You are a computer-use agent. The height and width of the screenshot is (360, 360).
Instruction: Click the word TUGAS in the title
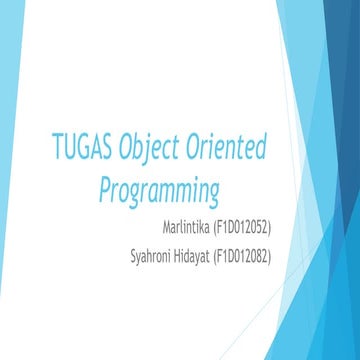[83, 150]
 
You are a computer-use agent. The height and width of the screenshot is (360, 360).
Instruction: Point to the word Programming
[159, 189]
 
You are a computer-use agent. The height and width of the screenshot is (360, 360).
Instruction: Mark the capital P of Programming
[106, 187]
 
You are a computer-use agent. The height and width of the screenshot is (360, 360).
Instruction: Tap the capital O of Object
[126, 150]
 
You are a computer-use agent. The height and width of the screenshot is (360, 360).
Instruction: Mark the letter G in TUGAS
[84, 150]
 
